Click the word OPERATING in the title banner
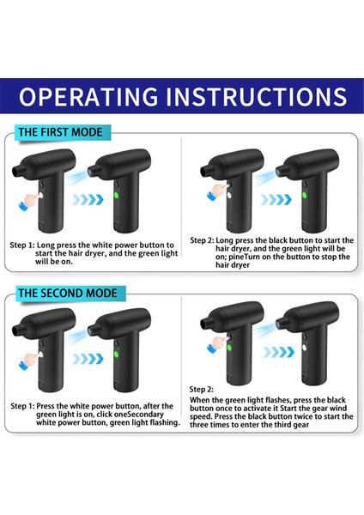click(x=88, y=96)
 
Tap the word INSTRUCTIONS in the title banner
click(x=256, y=96)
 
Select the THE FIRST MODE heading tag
click(x=63, y=132)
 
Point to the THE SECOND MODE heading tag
click(x=70, y=294)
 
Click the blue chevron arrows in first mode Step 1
click(x=88, y=199)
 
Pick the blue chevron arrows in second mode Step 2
click(x=279, y=352)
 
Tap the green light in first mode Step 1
click(x=116, y=196)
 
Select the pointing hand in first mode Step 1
click(x=31, y=201)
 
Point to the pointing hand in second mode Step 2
click(x=218, y=343)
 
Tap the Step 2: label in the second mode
click(x=202, y=390)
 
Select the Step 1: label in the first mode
click(x=22, y=245)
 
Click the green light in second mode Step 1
click(x=116, y=354)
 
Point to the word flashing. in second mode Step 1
click(x=165, y=422)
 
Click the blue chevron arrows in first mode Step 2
click(x=276, y=199)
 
